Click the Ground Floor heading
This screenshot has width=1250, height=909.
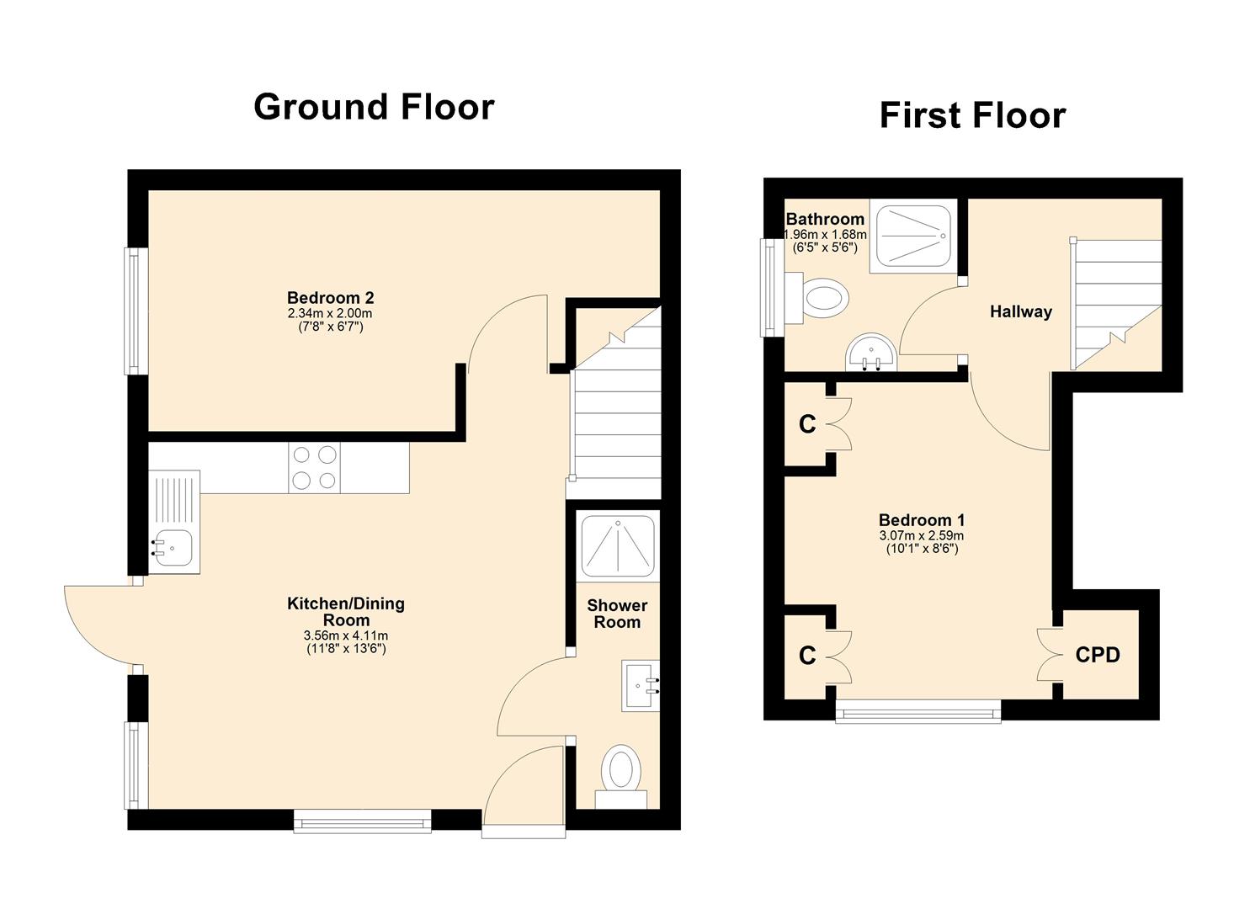pyautogui.click(x=374, y=107)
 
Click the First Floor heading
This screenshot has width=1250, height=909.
pyautogui.click(x=972, y=115)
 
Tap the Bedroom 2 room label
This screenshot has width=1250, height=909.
pyautogui.click(x=330, y=298)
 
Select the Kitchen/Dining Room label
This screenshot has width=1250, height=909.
pyautogui.click(x=346, y=612)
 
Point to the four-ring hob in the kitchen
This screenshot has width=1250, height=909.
pyautogui.click(x=314, y=468)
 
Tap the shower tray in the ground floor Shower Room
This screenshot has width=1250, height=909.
pyautogui.click(x=618, y=544)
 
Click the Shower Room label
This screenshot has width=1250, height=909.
pyautogui.click(x=617, y=614)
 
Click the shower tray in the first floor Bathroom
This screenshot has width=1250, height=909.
pyautogui.click(x=915, y=237)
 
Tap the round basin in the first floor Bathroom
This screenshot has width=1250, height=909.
pyautogui.click(x=870, y=352)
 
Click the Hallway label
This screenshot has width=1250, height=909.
pyautogui.click(x=1020, y=312)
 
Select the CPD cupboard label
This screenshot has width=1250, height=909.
pyautogui.click(x=1098, y=655)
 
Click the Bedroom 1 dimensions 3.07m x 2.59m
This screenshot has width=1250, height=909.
pyautogui.click(x=921, y=535)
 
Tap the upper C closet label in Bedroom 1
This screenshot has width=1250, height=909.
pyautogui.click(x=807, y=425)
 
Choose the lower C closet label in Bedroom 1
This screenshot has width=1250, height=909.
pyautogui.click(x=807, y=655)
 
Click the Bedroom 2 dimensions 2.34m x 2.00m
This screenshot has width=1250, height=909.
pyautogui.click(x=330, y=313)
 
